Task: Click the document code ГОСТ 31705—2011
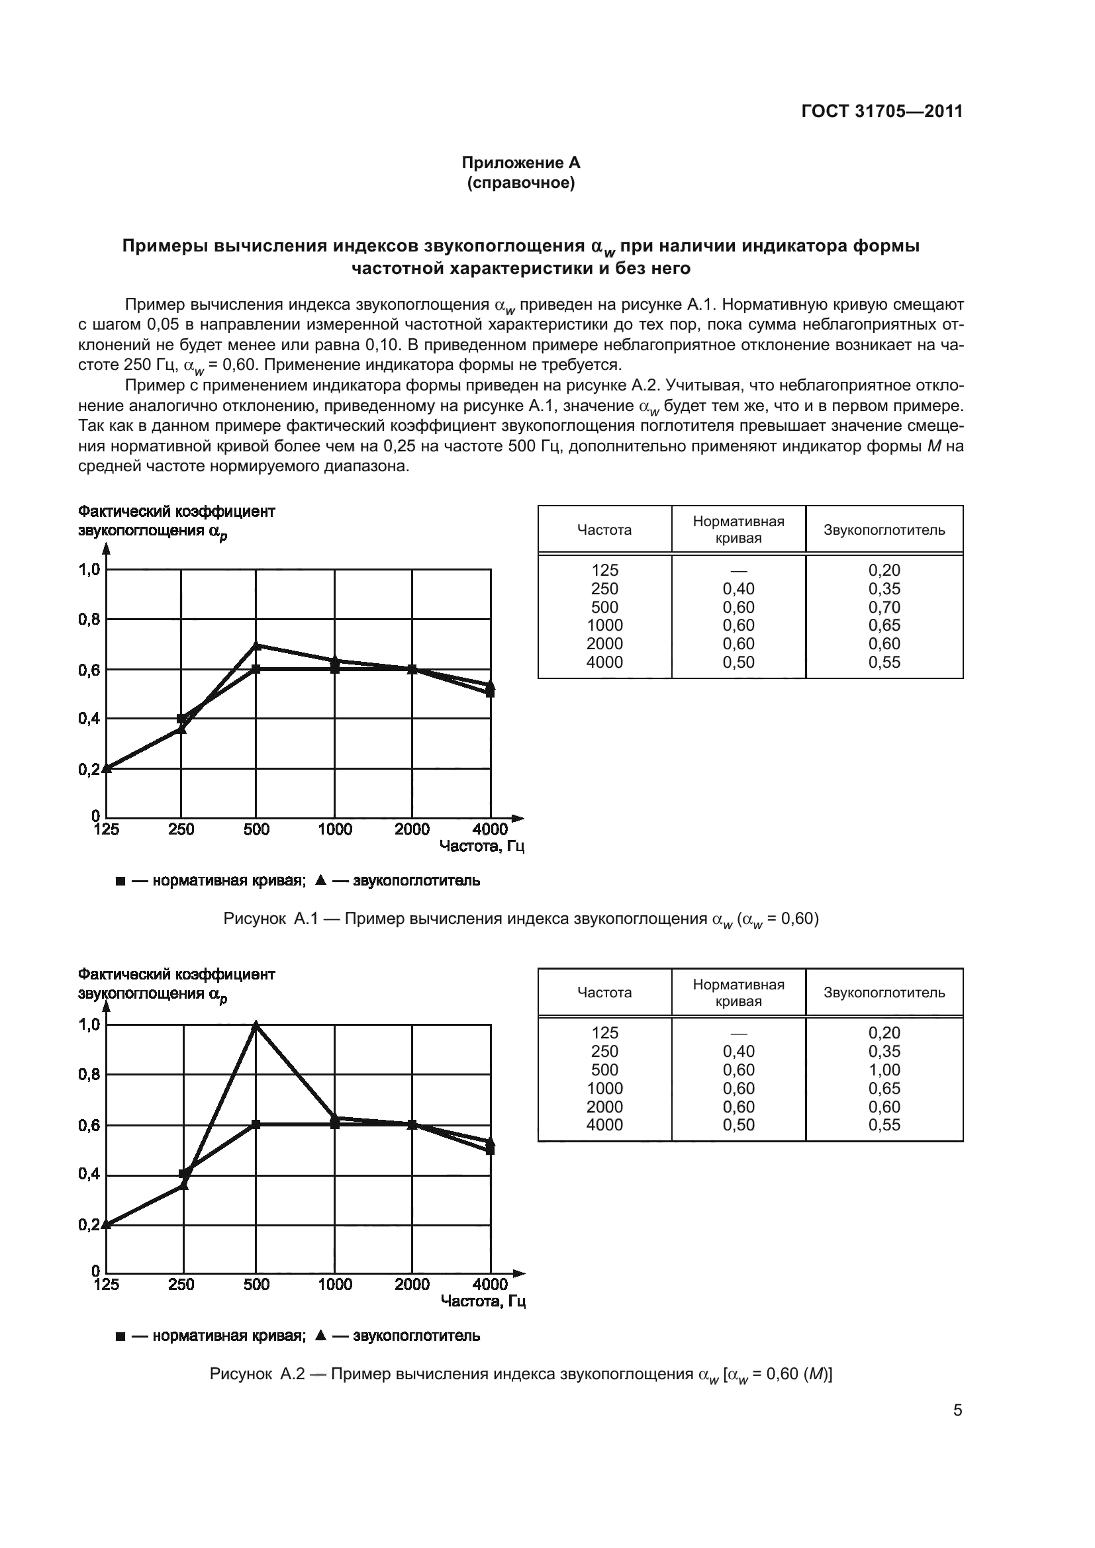click(881, 111)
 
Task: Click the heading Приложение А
click(520, 163)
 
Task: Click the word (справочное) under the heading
click(520, 183)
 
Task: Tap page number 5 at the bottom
click(957, 1410)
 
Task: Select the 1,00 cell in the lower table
click(884, 1070)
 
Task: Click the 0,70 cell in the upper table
click(884, 607)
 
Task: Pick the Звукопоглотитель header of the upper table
click(884, 530)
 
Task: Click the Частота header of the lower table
click(604, 993)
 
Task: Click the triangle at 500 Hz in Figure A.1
click(256, 645)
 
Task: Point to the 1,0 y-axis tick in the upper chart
click(89, 570)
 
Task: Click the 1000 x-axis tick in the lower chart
click(335, 1285)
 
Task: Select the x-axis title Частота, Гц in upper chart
click(481, 846)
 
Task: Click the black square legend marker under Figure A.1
click(120, 881)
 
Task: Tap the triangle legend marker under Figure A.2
click(321, 1336)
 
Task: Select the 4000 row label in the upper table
click(604, 662)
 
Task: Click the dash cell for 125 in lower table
click(738, 1034)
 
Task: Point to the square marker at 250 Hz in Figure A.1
click(181, 719)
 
